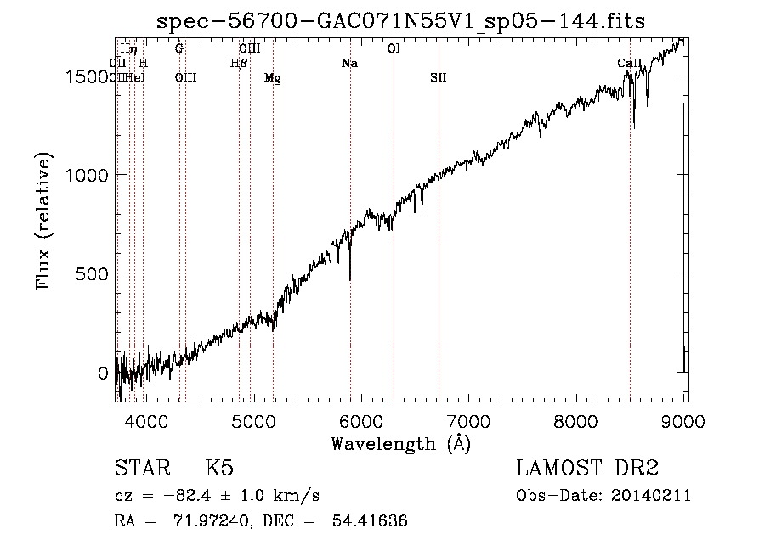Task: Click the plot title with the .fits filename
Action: (401, 22)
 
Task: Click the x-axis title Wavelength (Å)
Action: (400, 443)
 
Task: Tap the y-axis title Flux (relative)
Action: (43, 222)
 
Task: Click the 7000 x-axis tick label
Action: (469, 420)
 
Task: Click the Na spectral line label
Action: (349, 63)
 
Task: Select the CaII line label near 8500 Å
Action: (629, 63)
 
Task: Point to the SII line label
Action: (438, 77)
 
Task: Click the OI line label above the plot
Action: (393, 48)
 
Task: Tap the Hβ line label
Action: (239, 63)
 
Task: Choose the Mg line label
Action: (272, 77)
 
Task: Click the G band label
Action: (179, 48)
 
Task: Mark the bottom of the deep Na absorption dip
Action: (350, 278)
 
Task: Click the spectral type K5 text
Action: (219, 469)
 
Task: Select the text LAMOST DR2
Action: (587, 469)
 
